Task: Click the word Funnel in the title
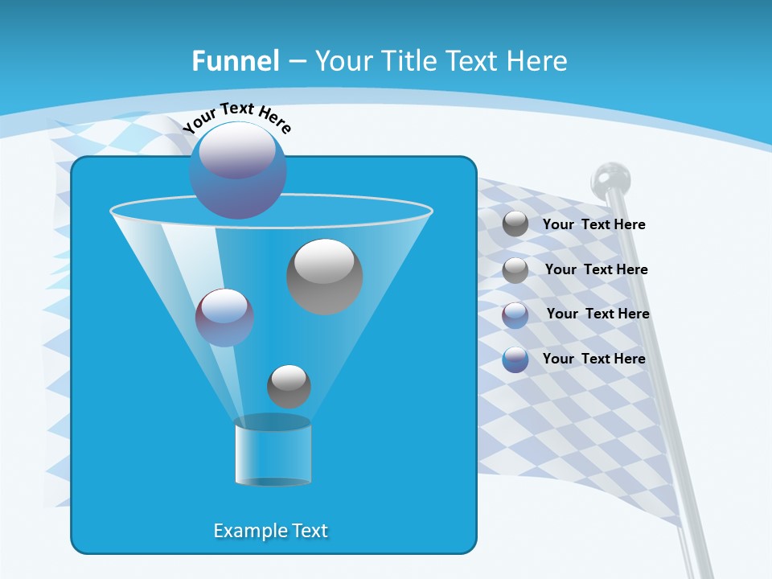click(235, 61)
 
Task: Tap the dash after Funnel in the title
click(296, 61)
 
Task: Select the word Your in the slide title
click(343, 61)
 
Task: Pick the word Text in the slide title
click(471, 61)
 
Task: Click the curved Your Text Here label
click(236, 117)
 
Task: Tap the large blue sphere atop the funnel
click(238, 170)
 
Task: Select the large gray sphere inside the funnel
click(324, 277)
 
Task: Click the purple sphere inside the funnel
click(224, 317)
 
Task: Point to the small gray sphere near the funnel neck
click(289, 386)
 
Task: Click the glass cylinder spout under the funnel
click(273, 452)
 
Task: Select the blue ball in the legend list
click(515, 359)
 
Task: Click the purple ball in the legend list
click(515, 315)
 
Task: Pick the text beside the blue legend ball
click(593, 359)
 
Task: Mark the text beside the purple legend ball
click(597, 314)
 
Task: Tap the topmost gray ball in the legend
click(515, 224)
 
